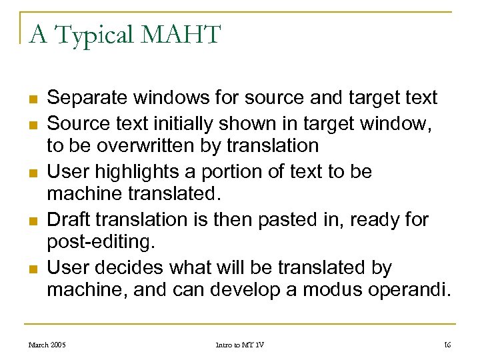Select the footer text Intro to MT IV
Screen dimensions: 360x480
pyautogui.click(x=239, y=345)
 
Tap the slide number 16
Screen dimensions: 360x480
pyautogui.click(x=447, y=345)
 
